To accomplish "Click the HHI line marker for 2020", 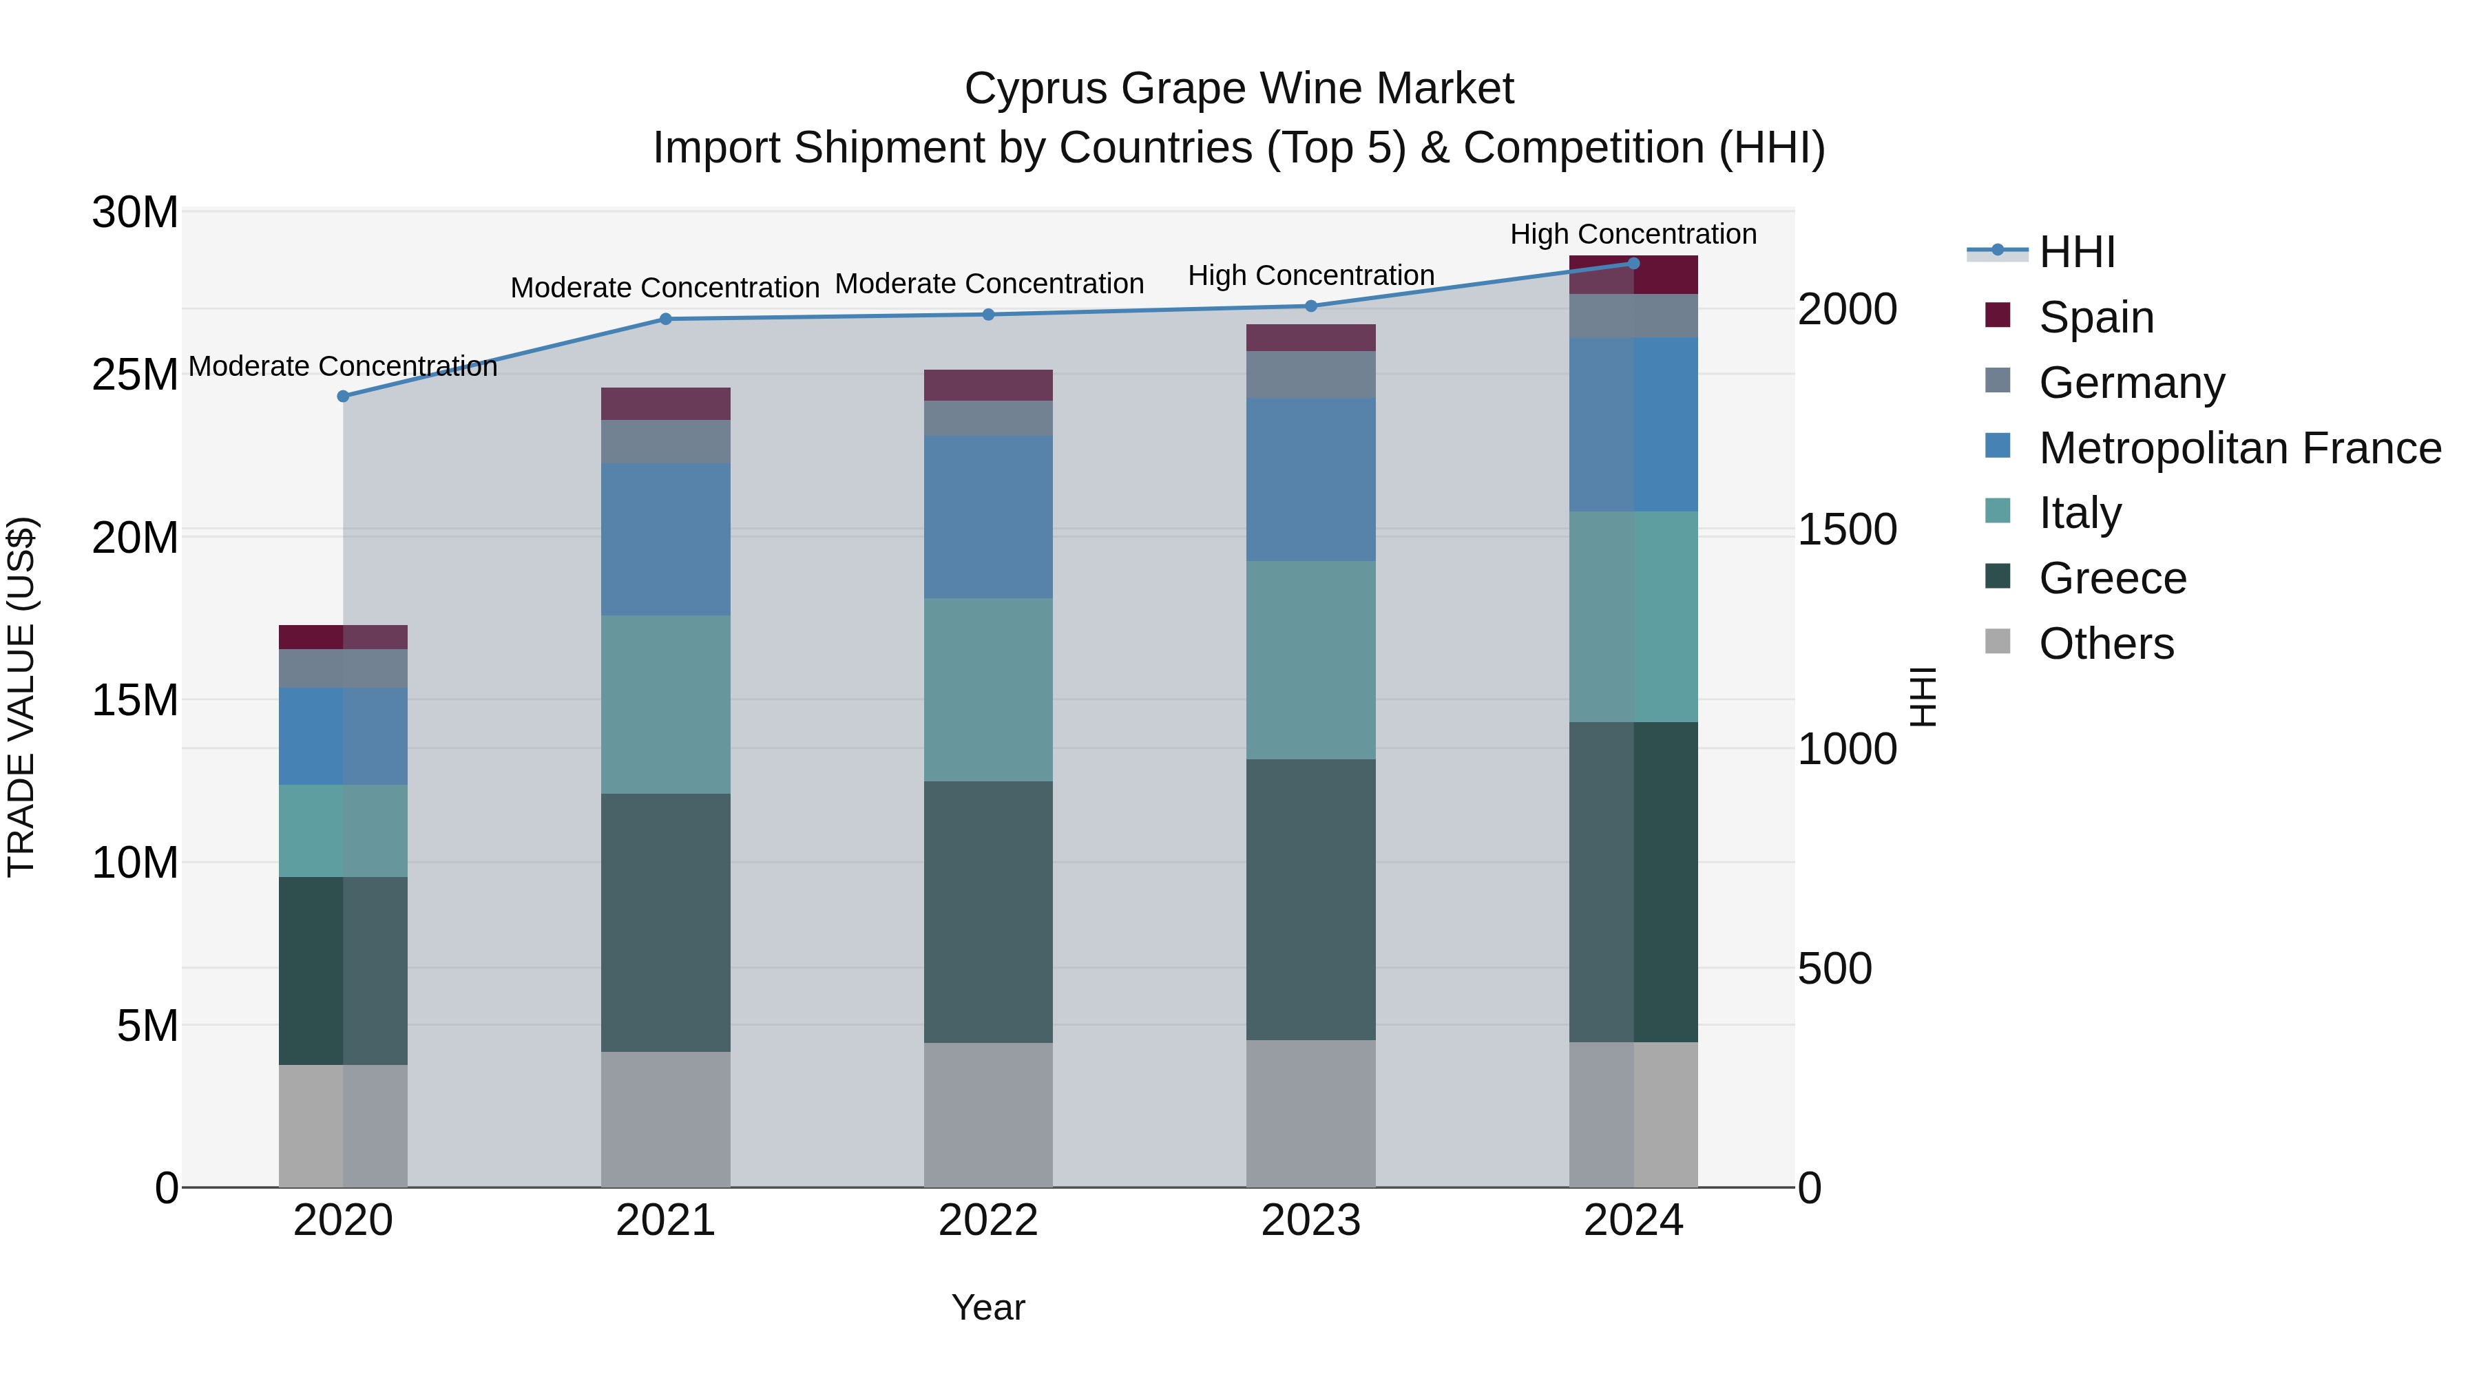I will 343,397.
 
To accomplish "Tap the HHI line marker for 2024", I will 1633,264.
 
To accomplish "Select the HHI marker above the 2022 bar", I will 988,315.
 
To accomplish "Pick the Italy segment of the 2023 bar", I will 1310,660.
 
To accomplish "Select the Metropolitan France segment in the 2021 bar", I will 665,540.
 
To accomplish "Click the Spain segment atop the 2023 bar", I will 1310,338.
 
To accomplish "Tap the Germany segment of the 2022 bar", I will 988,419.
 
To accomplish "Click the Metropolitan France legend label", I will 2239,448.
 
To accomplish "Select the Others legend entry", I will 2106,644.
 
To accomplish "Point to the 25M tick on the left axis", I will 135,374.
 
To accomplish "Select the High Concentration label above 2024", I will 1633,234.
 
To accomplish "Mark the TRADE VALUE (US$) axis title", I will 21,697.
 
